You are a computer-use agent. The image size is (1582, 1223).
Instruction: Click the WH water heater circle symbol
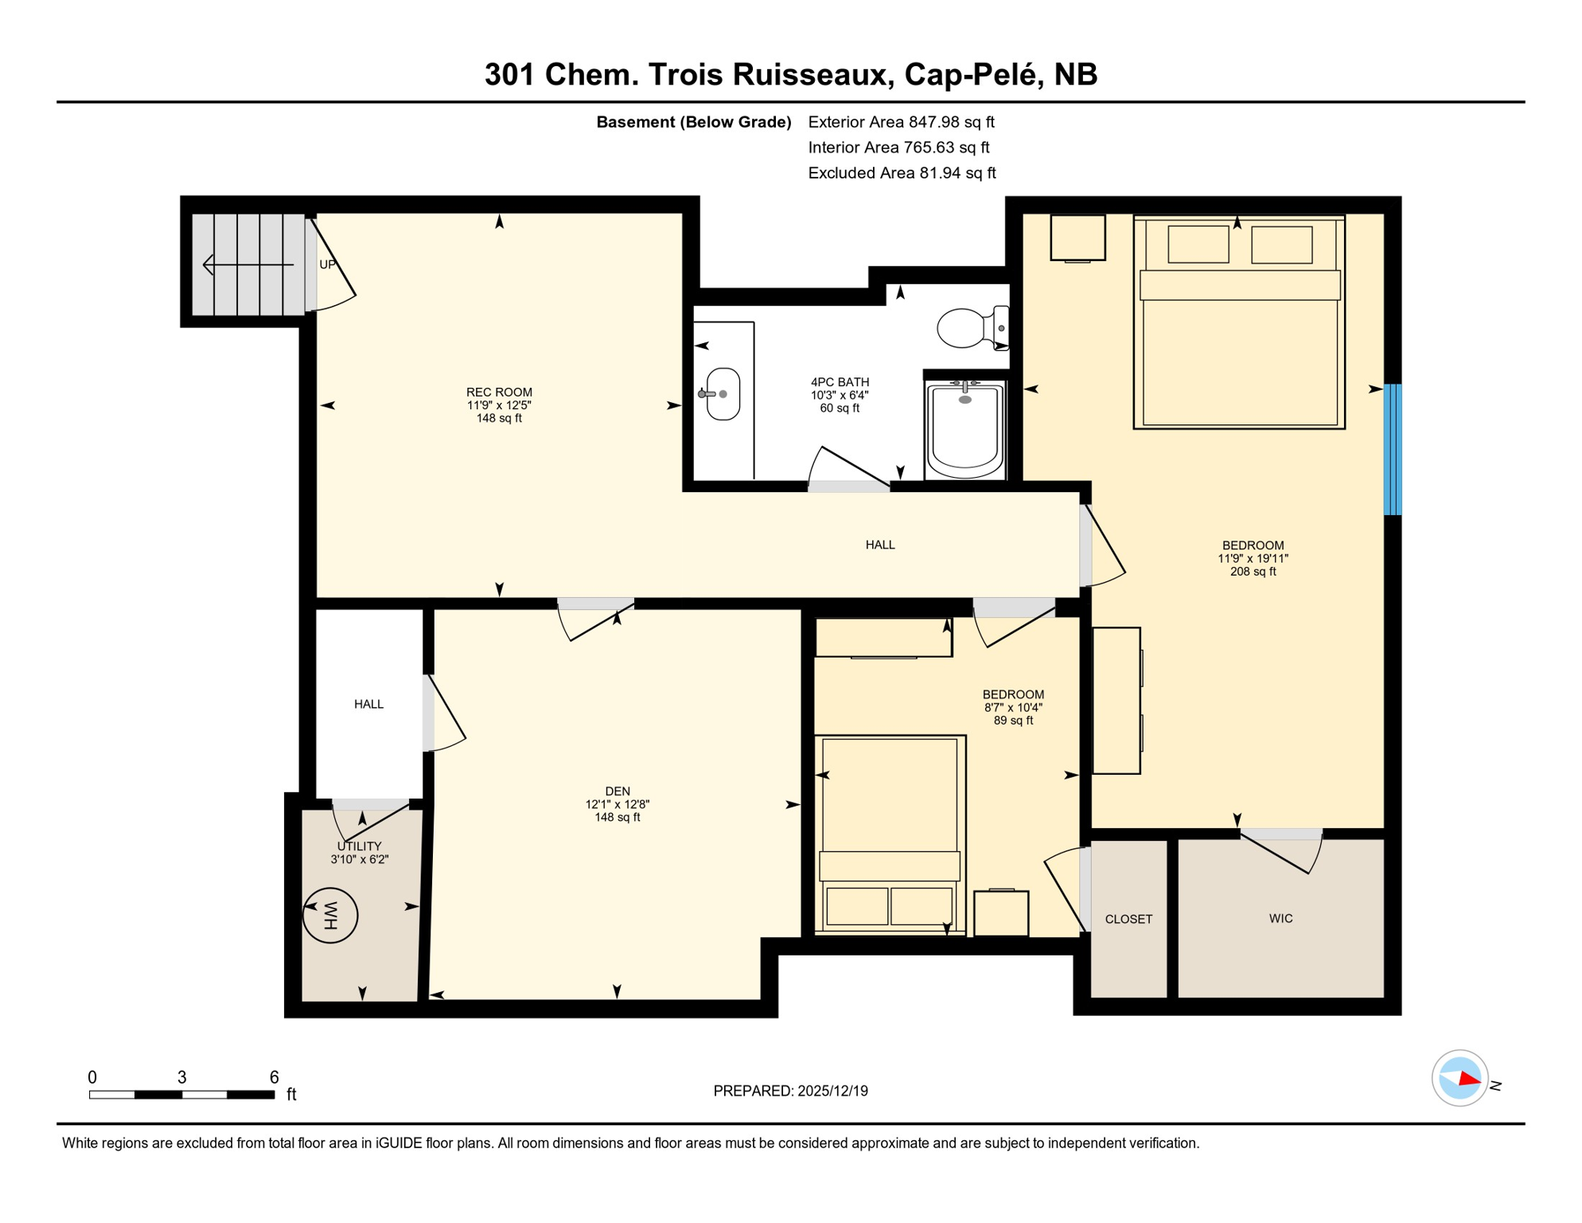330,915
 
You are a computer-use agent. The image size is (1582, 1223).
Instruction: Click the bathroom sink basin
723,393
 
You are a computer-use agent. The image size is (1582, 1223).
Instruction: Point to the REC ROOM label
499,392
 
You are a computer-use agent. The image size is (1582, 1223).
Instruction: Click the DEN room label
617,791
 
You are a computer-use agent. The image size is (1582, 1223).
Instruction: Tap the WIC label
1280,918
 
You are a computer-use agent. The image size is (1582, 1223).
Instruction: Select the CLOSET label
1128,919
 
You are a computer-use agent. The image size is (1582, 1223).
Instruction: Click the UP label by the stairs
327,264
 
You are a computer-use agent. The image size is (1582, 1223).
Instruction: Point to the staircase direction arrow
247,264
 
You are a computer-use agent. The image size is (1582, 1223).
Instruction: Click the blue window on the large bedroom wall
1392,449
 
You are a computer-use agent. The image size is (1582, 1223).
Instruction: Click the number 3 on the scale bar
181,1077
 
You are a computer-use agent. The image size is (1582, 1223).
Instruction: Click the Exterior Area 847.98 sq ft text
901,122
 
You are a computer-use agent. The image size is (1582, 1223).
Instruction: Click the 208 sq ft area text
1252,571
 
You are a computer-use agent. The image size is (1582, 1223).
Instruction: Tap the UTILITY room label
359,846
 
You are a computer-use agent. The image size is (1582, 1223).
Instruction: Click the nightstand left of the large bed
1077,237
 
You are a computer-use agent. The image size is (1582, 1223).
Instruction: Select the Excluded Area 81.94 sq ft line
901,173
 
